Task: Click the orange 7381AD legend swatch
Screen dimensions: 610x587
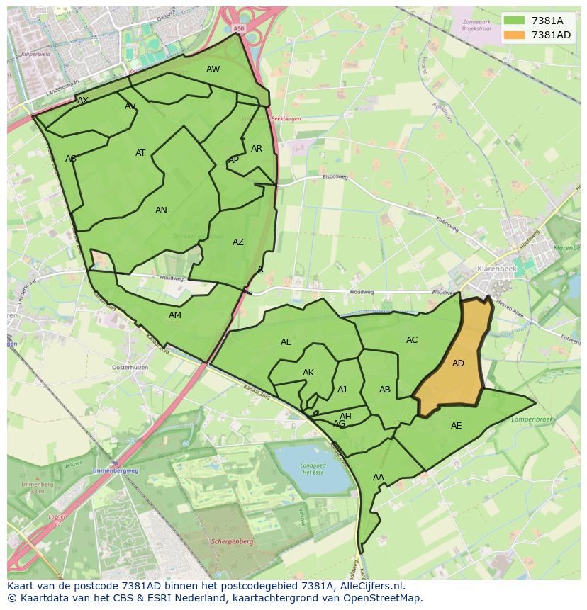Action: (515, 35)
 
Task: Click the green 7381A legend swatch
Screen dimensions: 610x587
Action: (515, 21)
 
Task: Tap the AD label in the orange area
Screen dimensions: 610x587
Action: (458, 363)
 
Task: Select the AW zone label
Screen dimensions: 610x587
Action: (213, 69)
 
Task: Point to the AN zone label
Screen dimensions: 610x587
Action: (161, 210)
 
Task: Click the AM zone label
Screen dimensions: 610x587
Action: (175, 315)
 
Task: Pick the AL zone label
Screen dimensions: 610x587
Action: (286, 342)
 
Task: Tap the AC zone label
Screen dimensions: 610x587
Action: (412, 340)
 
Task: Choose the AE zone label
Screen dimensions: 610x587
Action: (456, 426)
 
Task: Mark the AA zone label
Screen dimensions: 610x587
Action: (379, 478)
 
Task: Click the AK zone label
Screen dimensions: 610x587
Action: (308, 373)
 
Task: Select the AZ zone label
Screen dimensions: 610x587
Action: (238, 242)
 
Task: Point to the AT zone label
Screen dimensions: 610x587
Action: (140, 153)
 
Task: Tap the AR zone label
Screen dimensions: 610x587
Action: (257, 149)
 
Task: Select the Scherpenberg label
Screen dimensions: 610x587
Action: (232, 541)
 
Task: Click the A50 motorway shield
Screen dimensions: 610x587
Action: (238, 29)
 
